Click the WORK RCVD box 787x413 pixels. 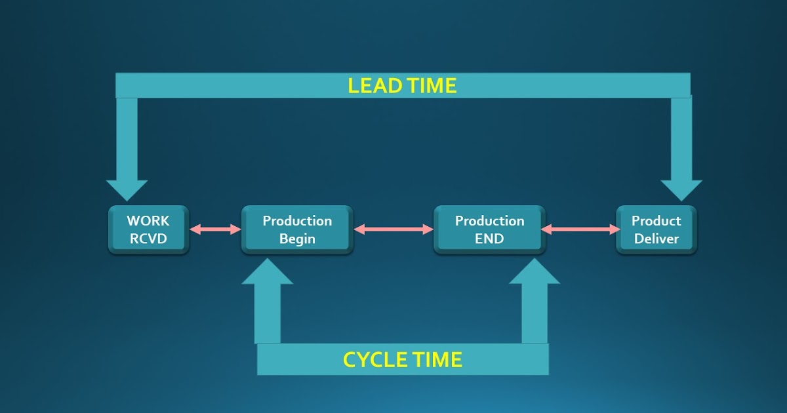coord(148,229)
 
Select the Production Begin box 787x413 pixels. coord(297,229)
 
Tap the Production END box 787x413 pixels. coord(489,229)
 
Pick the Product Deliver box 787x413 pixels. coord(656,229)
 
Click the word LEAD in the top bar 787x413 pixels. coord(372,86)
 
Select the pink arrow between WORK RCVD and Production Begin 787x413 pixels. coord(215,229)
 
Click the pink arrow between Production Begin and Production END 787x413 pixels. coord(393,229)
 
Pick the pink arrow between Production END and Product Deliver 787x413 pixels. coord(581,229)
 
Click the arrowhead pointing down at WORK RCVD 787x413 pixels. coord(127,190)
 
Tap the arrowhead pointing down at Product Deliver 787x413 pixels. coord(681,190)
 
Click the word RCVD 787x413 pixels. coord(148,239)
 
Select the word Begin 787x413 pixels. coord(297,239)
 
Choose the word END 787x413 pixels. coord(489,239)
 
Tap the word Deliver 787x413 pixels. coord(656,239)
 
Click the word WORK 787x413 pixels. coord(148,221)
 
